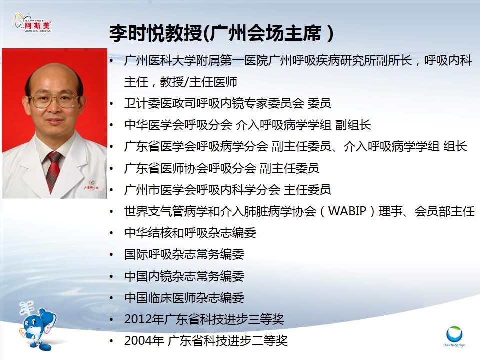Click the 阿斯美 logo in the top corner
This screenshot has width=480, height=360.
click(33, 22)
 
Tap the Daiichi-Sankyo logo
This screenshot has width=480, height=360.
click(454, 336)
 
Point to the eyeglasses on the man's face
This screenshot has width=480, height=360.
click(54, 100)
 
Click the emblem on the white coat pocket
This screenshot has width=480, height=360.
click(91, 185)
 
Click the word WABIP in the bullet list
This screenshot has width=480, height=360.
click(347, 211)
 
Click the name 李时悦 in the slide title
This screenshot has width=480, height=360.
click(137, 33)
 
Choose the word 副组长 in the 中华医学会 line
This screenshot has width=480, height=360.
click(353, 125)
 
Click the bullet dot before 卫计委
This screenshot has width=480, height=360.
click(111, 104)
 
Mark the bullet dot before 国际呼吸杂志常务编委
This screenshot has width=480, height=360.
click(111, 254)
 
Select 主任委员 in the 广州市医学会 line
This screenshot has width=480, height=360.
click(307, 190)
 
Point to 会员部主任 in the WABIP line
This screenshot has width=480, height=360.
click(445, 211)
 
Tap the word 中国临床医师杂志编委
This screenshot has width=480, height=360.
click(184, 298)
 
